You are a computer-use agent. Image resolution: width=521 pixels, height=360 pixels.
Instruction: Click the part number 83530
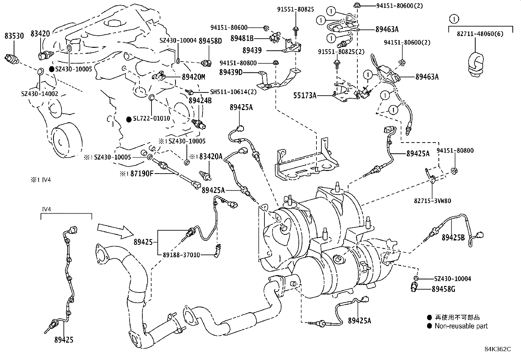(14, 36)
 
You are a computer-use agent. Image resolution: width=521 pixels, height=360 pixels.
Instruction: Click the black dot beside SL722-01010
(129, 119)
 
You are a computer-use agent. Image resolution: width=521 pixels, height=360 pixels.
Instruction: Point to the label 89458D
(210, 41)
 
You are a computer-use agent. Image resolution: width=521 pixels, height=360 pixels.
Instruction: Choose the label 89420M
(193, 77)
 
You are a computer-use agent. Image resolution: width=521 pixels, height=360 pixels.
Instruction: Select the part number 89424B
(200, 101)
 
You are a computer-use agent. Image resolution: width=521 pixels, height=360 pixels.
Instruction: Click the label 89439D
(231, 72)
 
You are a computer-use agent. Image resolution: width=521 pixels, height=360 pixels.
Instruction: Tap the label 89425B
(453, 237)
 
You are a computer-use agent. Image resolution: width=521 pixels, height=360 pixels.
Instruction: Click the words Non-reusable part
(461, 326)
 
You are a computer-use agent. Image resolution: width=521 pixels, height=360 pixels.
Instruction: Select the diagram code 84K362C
(497, 349)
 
